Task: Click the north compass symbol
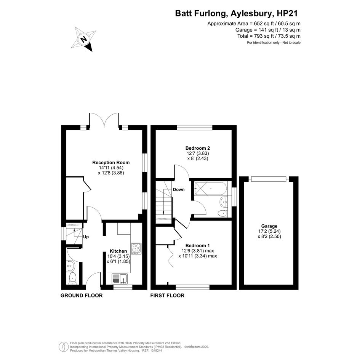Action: pos(84,38)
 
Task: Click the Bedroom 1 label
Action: pos(197,246)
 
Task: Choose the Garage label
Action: pos(269,226)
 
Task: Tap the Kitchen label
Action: pos(118,251)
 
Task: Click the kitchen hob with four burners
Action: pos(136,248)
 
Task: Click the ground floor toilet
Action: pos(73,278)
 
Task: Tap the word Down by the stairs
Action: pos(179,189)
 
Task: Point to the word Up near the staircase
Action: pos(86,237)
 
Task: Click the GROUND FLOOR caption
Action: pos(82,295)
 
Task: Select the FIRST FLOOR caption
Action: pos(167,295)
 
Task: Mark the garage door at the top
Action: pos(268,179)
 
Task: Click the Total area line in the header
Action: pos(269,36)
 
